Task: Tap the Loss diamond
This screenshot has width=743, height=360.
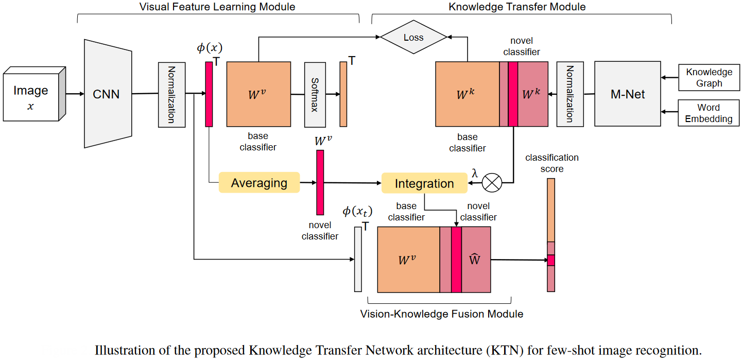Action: tap(413, 38)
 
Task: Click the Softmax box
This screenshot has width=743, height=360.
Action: tap(315, 94)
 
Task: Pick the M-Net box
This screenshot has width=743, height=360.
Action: tap(627, 94)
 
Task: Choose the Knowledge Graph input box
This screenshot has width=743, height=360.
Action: tap(709, 78)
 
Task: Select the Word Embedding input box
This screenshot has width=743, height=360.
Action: tap(709, 113)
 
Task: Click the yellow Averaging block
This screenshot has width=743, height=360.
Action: tap(259, 183)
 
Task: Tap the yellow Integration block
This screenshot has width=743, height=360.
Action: tap(424, 183)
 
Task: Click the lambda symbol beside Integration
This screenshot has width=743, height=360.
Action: tap(474, 174)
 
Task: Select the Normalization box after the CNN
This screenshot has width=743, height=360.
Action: tap(171, 94)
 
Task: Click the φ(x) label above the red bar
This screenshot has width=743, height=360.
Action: tap(209, 48)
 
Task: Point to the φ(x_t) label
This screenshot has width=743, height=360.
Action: tap(357, 212)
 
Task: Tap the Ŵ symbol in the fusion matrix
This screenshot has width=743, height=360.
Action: tap(475, 260)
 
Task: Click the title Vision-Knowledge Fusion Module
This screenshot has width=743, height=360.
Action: tap(441, 314)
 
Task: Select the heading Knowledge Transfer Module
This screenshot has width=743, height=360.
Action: tap(517, 7)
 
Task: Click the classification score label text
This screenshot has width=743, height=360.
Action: tap(551, 163)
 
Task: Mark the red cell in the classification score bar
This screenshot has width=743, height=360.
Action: tap(551, 260)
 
